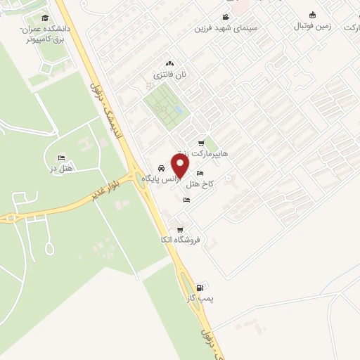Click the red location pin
(181, 166)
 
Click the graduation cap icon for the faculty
(45, 18)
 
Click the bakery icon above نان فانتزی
(169, 63)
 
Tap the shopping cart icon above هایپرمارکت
(202, 143)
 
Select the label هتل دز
(63, 169)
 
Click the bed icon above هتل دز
(62, 157)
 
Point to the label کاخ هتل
(200, 184)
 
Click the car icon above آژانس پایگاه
(162, 169)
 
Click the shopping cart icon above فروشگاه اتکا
(181, 229)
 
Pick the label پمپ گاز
(202, 298)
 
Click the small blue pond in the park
(179, 110)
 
